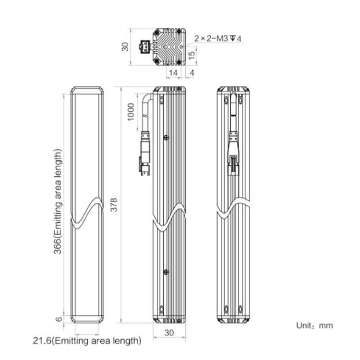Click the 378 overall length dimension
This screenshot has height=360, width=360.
pyautogui.click(x=114, y=204)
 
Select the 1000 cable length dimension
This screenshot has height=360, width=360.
pyautogui.click(x=131, y=112)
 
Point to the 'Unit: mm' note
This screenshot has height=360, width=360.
pyautogui.click(x=314, y=325)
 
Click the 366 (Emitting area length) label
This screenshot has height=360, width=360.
pyautogui.click(x=58, y=202)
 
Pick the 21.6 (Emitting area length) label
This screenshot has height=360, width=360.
pyautogui.click(x=87, y=340)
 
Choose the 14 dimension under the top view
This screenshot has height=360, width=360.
pyautogui.click(x=173, y=73)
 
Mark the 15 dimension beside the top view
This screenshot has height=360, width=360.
pyautogui.click(x=192, y=55)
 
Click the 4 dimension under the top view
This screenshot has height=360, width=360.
pyautogui.click(x=192, y=73)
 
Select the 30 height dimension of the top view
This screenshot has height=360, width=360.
pyautogui.click(x=125, y=47)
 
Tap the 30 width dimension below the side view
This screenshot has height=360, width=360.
pyautogui.click(x=169, y=333)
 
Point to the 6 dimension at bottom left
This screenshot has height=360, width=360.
pyautogui.click(x=59, y=319)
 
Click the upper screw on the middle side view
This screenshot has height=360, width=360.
pyautogui.click(x=166, y=137)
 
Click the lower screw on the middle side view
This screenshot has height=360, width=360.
pyautogui.click(x=166, y=272)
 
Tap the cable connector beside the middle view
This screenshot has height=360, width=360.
pyautogui.click(x=144, y=154)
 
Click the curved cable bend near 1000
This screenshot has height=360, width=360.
pyautogui.click(x=147, y=100)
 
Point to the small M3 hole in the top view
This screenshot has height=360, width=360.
pyautogui.click(x=181, y=47)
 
